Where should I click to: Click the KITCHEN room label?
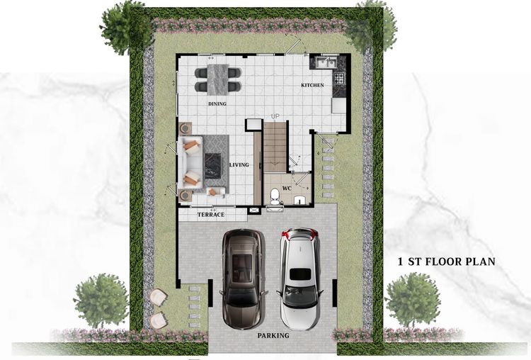pyautogui.click(x=312, y=85)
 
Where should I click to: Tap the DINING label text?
pyautogui.click(x=217, y=104)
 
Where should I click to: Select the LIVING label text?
pyautogui.click(x=239, y=165)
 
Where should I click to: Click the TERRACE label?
pyautogui.click(x=211, y=214)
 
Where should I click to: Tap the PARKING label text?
pyautogui.click(x=273, y=336)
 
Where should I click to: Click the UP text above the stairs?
pyautogui.click(x=275, y=116)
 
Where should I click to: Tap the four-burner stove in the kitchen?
pyautogui.click(x=340, y=77)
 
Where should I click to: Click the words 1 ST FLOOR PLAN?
pyautogui.click(x=446, y=261)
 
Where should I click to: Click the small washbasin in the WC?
pyautogui.click(x=300, y=199)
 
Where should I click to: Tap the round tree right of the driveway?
pyautogui.click(x=412, y=298)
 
